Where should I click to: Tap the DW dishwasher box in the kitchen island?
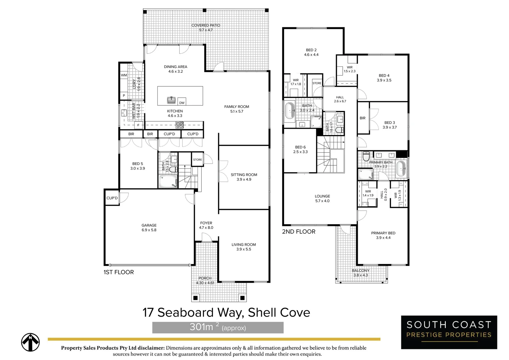click(182, 103)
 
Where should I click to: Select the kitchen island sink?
click(172, 100)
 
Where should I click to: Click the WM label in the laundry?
click(124, 75)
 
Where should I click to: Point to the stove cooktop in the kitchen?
click(180, 125)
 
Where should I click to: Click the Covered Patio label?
click(206, 28)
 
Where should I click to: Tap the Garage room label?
click(149, 228)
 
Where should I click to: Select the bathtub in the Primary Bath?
click(401, 169)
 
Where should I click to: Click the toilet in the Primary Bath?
click(366, 156)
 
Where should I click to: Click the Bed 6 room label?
click(300, 149)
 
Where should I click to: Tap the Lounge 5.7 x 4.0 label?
click(322, 199)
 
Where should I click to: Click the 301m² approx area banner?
click(218, 327)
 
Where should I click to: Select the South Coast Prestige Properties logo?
click(449, 332)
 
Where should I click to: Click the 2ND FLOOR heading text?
click(298, 232)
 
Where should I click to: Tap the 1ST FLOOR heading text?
click(119, 272)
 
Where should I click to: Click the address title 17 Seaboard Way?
click(226, 313)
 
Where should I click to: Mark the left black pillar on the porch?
click(196, 297)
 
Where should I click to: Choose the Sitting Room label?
click(244, 177)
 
